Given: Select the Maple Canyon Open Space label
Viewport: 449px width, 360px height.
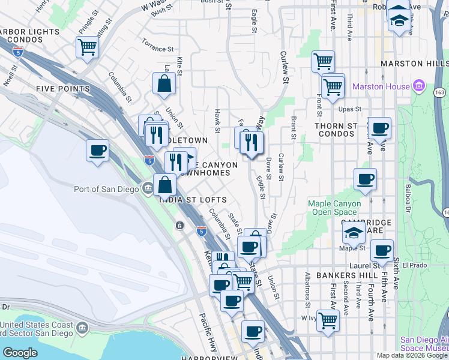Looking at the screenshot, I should (334, 208).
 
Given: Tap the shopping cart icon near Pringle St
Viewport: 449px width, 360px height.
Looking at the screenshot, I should (88, 46).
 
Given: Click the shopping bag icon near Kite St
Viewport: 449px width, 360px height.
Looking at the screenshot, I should (164, 84).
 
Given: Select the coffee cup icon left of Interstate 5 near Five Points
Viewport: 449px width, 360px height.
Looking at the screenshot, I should (97, 151).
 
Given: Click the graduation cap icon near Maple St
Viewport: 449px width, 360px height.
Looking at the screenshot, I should (354, 233).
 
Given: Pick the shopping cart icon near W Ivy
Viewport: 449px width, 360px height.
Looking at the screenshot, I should (328, 320).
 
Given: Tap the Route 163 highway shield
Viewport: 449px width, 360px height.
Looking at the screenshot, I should (440, 91).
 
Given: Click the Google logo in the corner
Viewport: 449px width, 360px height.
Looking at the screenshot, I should (20, 353).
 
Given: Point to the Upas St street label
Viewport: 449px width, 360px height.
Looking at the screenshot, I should (349, 109).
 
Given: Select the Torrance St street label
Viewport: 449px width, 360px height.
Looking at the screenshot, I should (157, 45).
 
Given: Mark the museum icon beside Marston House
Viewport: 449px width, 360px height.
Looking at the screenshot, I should (419, 86).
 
